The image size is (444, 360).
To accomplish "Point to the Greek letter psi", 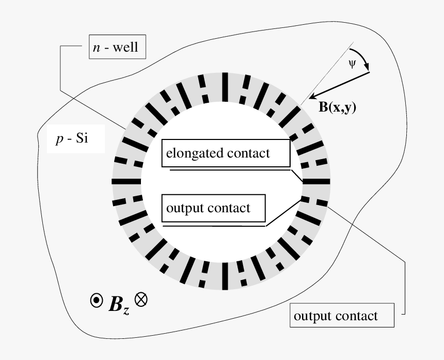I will click(x=352, y=65).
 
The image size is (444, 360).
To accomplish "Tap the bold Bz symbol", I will click(x=119, y=305).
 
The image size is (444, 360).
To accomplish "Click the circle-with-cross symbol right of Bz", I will click(x=141, y=299).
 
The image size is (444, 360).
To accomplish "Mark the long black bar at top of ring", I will click(x=225, y=87).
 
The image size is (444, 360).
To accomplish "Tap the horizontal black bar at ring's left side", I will click(x=126, y=181).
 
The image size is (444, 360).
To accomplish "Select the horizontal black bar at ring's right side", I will click(x=316, y=181).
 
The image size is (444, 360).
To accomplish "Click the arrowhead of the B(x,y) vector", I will click(x=311, y=97).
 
